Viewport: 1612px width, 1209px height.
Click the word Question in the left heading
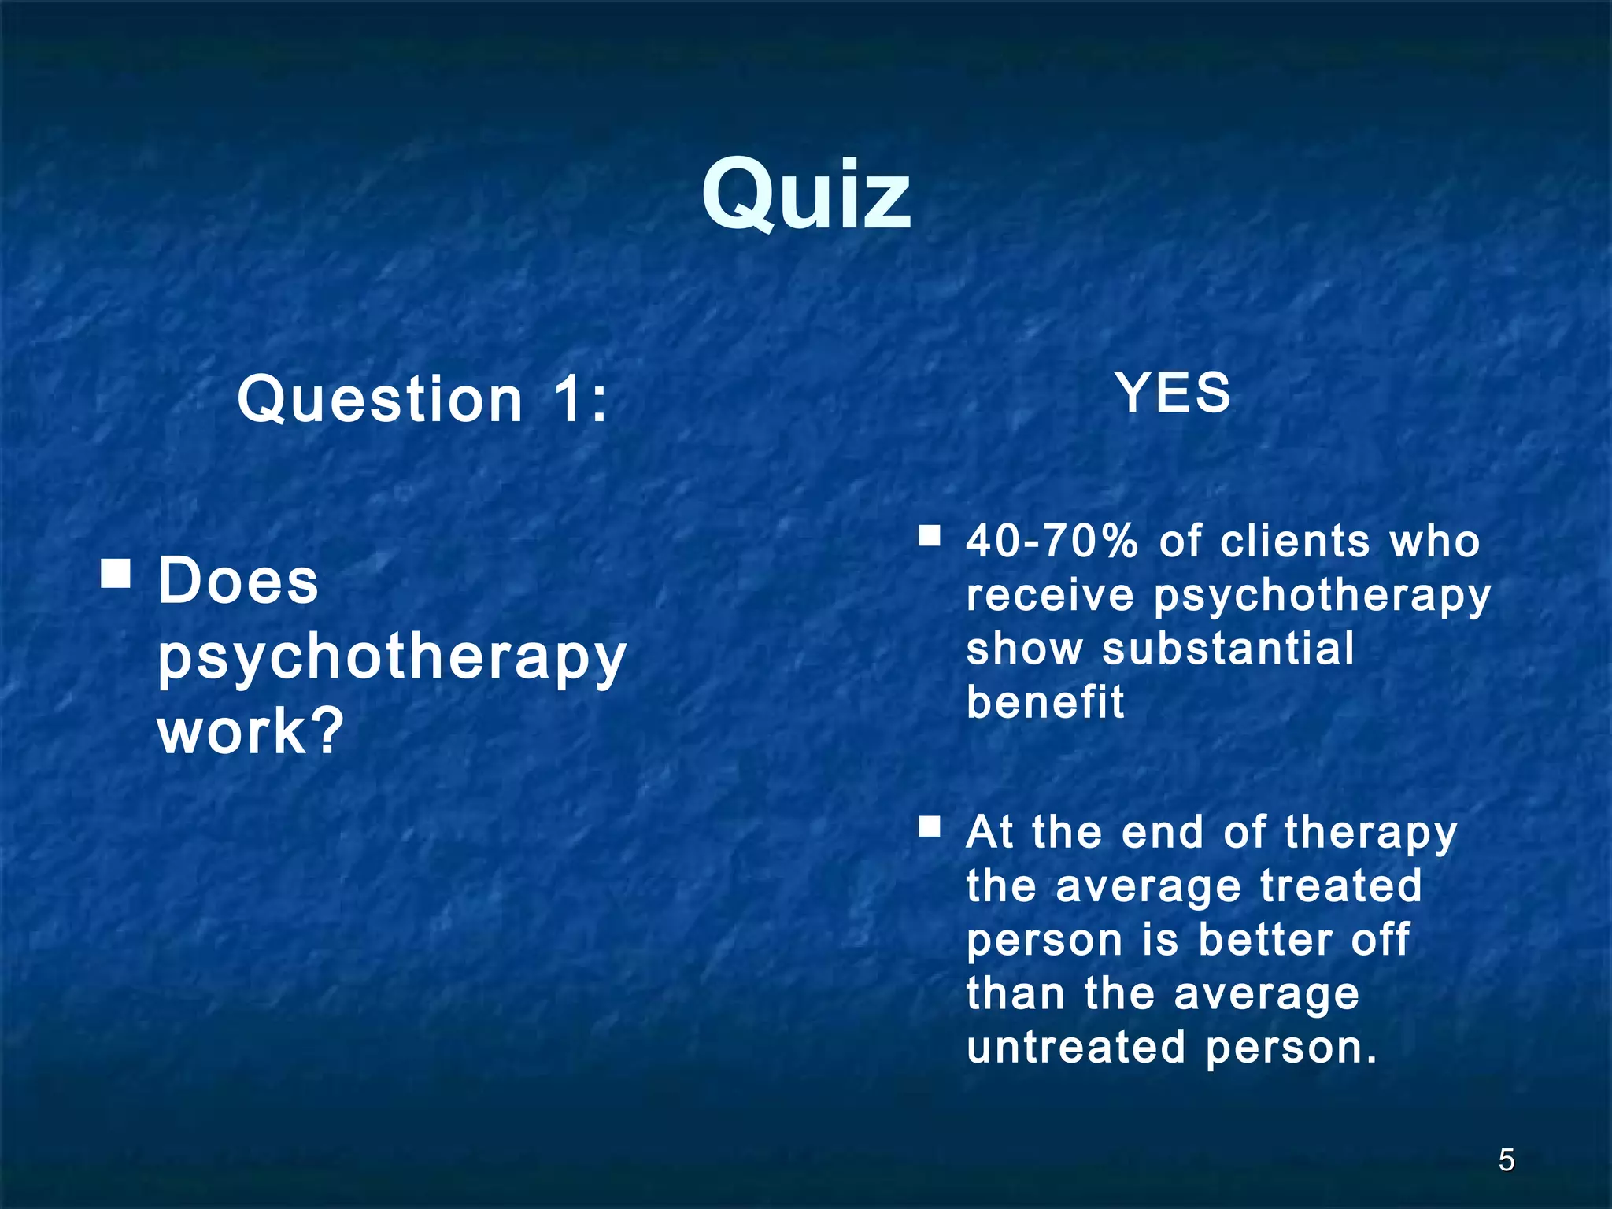click(x=380, y=399)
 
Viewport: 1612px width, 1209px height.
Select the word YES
click(x=1173, y=393)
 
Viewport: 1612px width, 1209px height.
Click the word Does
click(x=238, y=581)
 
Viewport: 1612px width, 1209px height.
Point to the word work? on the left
click(x=251, y=731)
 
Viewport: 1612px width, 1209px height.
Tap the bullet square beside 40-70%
click(x=930, y=537)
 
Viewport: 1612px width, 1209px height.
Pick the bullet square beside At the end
click(x=930, y=826)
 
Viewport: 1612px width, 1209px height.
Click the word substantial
click(x=1228, y=649)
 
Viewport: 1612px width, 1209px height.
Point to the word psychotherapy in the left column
click(x=392, y=658)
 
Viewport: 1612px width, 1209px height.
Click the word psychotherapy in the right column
click(x=1322, y=597)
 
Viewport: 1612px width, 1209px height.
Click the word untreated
click(x=1076, y=1047)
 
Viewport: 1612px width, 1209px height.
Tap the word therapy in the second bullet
click(x=1370, y=833)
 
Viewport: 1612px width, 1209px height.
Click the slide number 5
click(x=1506, y=1160)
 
